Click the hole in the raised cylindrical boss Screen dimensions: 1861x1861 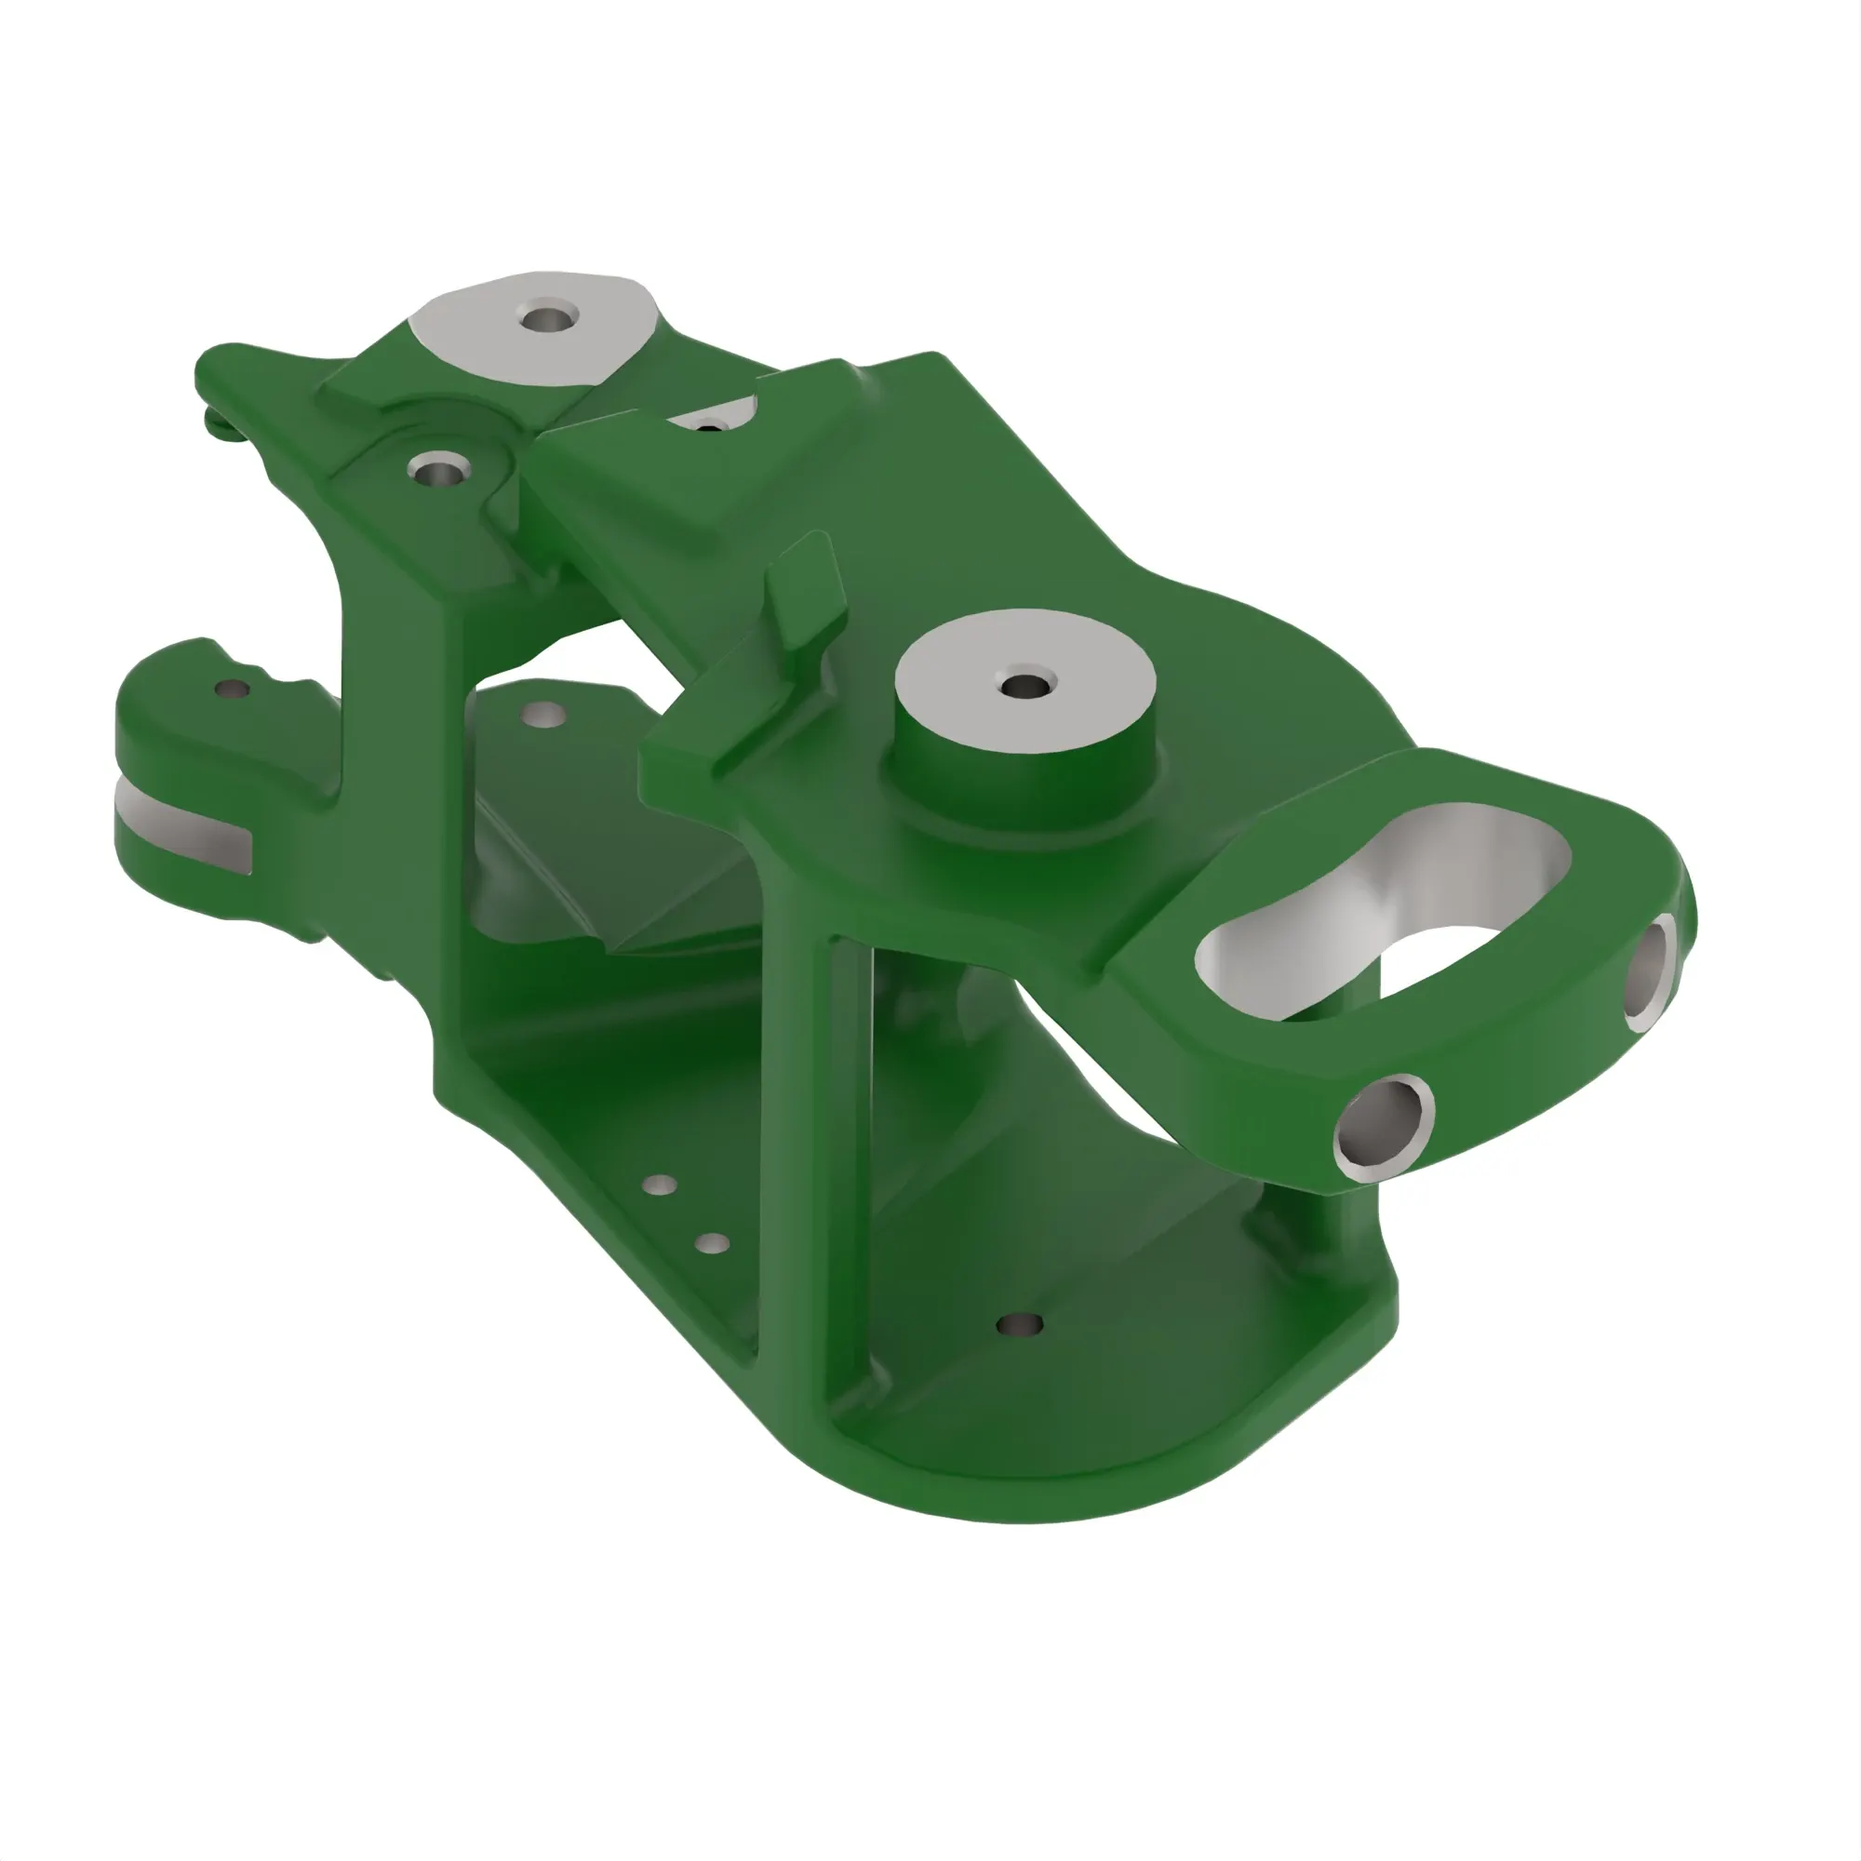(1022, 687)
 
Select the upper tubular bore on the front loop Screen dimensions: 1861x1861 (1649, 974)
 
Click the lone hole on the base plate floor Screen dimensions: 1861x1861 (1020, 1324)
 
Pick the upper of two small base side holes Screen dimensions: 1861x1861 (659, 1185)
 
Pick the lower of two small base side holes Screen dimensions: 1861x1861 (712, 1244)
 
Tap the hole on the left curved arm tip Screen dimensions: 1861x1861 (231, 689)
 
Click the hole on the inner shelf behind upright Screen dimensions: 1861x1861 (542, 714)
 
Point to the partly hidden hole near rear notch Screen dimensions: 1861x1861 (710, 426)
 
